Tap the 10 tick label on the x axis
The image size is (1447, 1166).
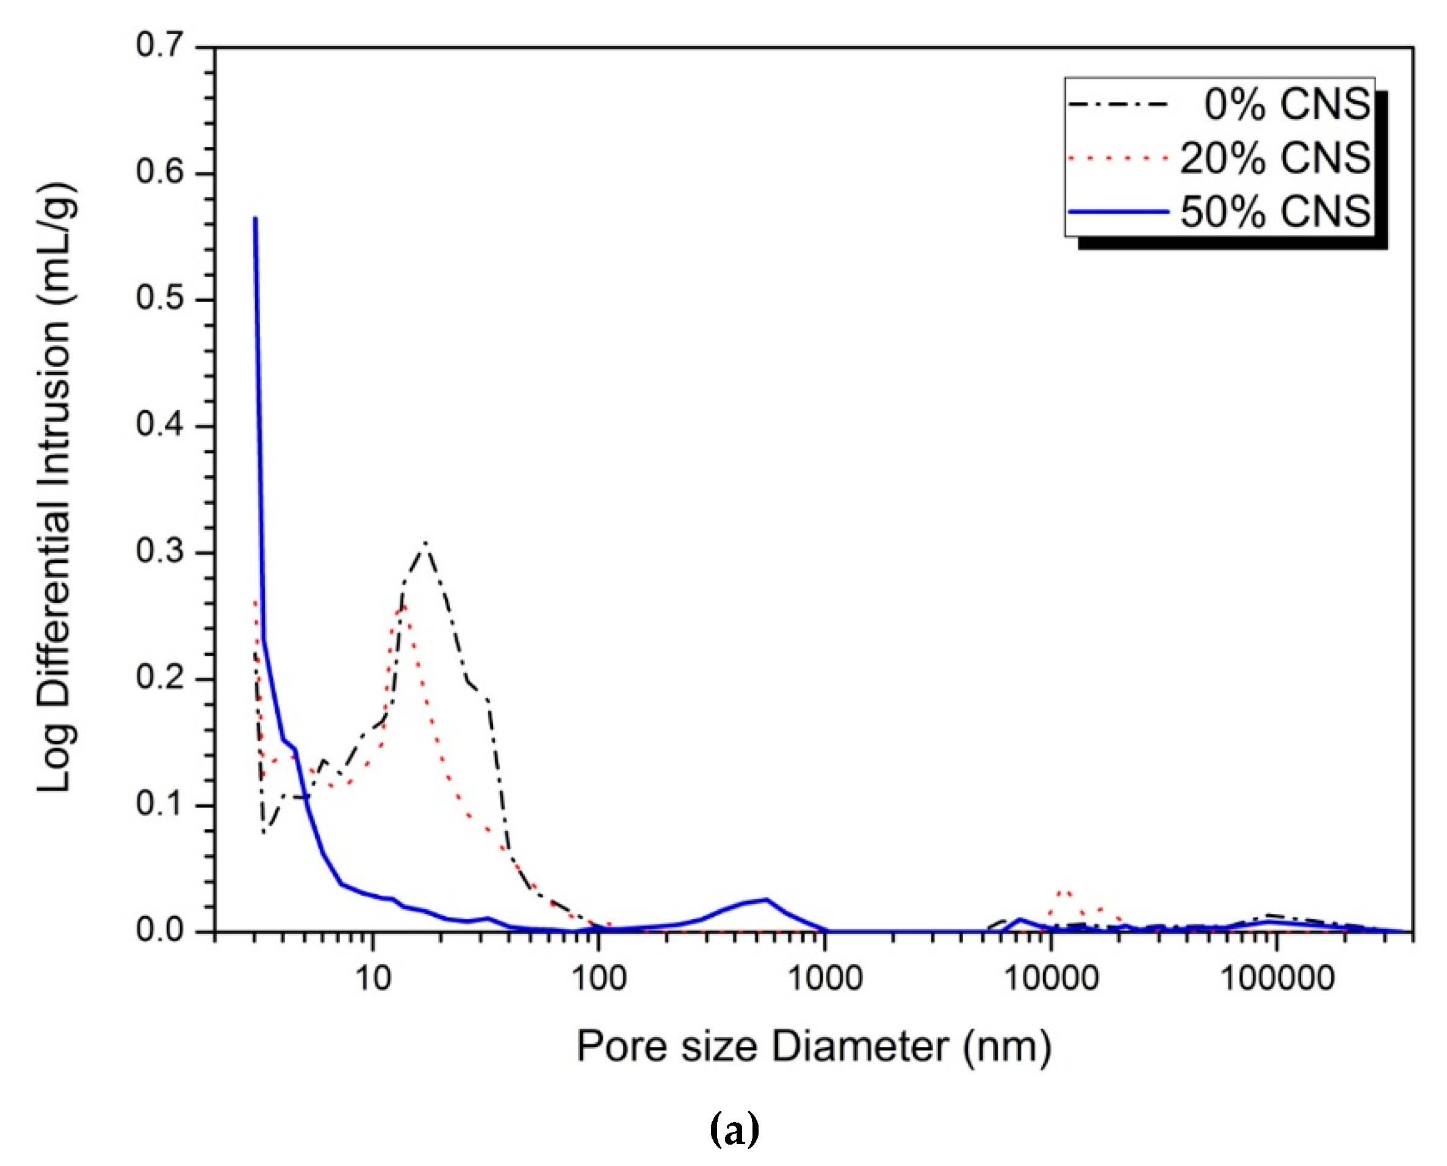[373, 979]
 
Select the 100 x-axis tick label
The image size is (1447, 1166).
[598, 979]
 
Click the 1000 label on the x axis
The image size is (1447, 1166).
[825, 979]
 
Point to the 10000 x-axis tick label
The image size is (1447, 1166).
[1051, 979]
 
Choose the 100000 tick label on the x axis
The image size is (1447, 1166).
[1277, 979]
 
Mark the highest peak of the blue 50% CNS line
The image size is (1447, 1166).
[255, 219]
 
